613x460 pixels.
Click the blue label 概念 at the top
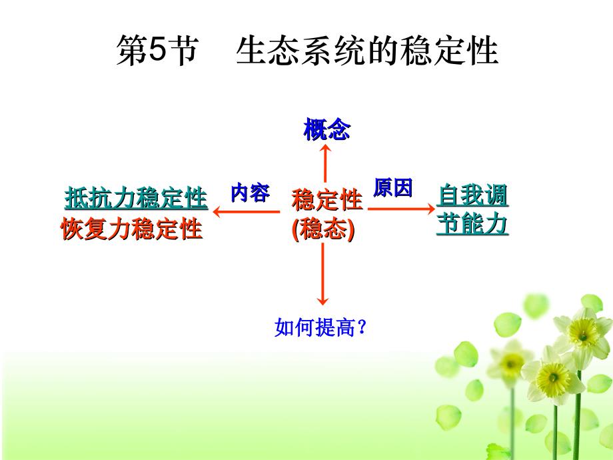coord(327,129)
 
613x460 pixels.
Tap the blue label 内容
coord(251,193)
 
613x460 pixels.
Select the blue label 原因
coord(393,188)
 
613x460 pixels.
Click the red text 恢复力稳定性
coord(131,229)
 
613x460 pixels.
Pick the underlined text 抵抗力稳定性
coord(136,198)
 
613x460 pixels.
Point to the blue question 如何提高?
coord(320,327)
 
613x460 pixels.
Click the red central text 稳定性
coord(327,199)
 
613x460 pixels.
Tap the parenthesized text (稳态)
coord(323,229)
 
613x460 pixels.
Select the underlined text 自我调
coord(472,195)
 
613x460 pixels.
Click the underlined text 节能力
coord(472,224)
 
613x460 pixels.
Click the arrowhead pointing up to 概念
coord(325,148)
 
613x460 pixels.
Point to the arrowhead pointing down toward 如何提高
coord(322,301)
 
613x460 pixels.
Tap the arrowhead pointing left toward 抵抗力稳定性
coord(217,212)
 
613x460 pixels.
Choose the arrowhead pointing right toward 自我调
coord(430,209)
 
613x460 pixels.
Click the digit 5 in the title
coord(157,50)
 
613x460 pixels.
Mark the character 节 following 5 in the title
coord(183,51)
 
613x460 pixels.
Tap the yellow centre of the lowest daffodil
coord(553,378)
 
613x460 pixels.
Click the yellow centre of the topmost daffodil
coord(583,333)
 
